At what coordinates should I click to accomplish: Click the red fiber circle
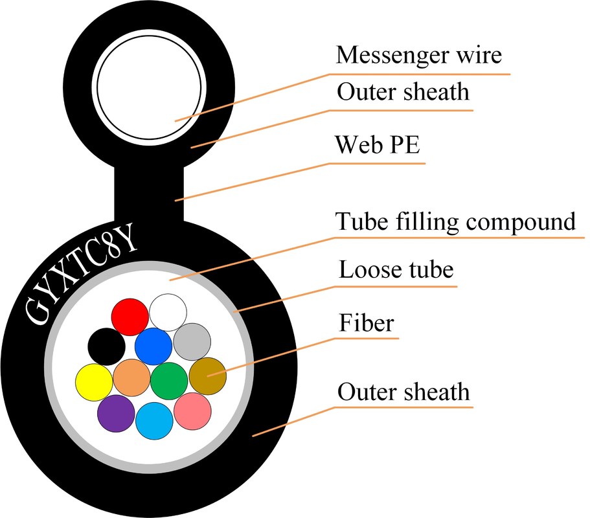coord(130,316)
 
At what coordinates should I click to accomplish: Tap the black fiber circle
coord(106,346)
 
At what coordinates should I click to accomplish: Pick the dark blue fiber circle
coord(153,346)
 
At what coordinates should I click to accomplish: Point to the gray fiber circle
coord(192,342)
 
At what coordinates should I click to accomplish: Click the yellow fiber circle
coord(94,381)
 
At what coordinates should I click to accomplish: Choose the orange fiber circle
coord(131,377)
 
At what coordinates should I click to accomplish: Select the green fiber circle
coord(169,379)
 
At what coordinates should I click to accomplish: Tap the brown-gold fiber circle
coord(207,376)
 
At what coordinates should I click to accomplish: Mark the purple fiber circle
coord(116,412)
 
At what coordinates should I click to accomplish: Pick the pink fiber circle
coord(192,411)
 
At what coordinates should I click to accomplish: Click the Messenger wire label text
coord(418,55)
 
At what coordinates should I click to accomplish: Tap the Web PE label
coord(377,145)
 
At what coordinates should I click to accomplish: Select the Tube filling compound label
coord(455,221)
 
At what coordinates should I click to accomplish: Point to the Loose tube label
coord(396,269)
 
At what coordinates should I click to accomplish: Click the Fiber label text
coord(366,322)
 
